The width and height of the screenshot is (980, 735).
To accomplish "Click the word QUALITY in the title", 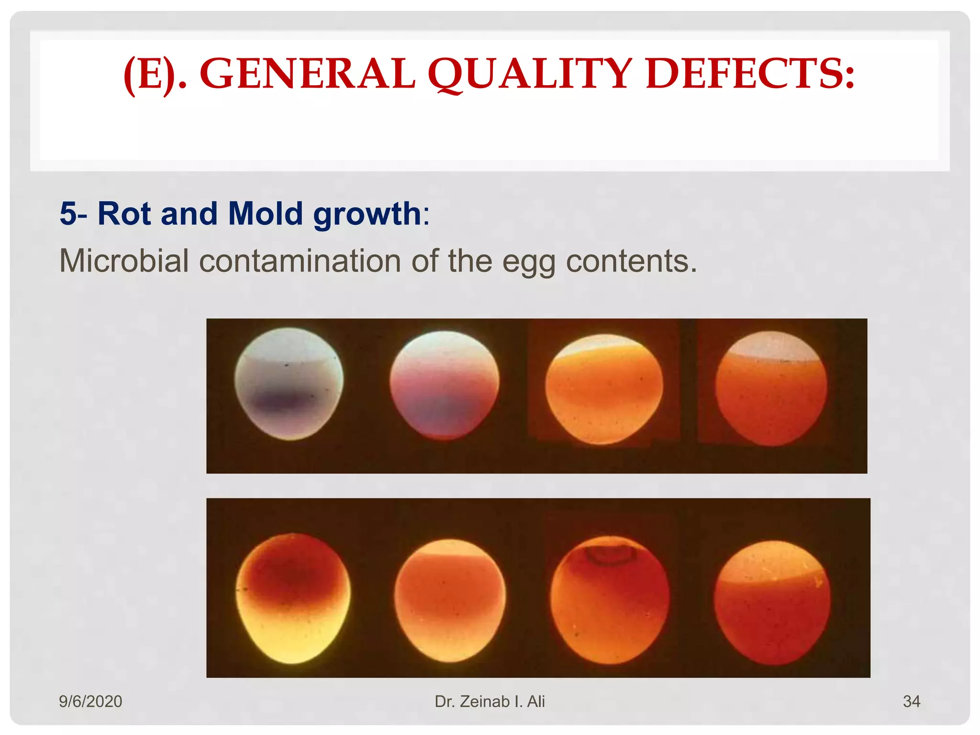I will [x=530, y=74].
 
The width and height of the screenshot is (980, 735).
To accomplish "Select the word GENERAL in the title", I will [x=307, y=74].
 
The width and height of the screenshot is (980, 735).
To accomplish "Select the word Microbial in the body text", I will [x=124, y=261].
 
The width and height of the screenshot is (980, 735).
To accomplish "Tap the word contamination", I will [x=300, y=261].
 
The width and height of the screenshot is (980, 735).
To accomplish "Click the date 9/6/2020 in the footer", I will [x=90, y=702].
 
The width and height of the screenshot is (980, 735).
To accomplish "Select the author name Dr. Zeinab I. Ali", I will [x=490, y=702].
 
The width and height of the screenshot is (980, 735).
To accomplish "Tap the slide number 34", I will [x=911, y=702].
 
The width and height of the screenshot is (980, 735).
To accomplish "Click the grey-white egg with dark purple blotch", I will [x=289, y=384].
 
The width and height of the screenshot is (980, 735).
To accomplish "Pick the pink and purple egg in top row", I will [x=444, y=385].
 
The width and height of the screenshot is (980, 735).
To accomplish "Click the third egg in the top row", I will [x=604, y=389].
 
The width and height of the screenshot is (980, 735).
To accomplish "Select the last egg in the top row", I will [x=771, y=389].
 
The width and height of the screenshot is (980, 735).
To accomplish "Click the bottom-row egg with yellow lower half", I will [x=293, y=598].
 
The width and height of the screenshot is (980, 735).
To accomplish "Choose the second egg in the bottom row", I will [x=450, y=601].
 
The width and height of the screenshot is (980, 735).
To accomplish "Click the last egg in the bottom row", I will [x=772, y=603].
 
